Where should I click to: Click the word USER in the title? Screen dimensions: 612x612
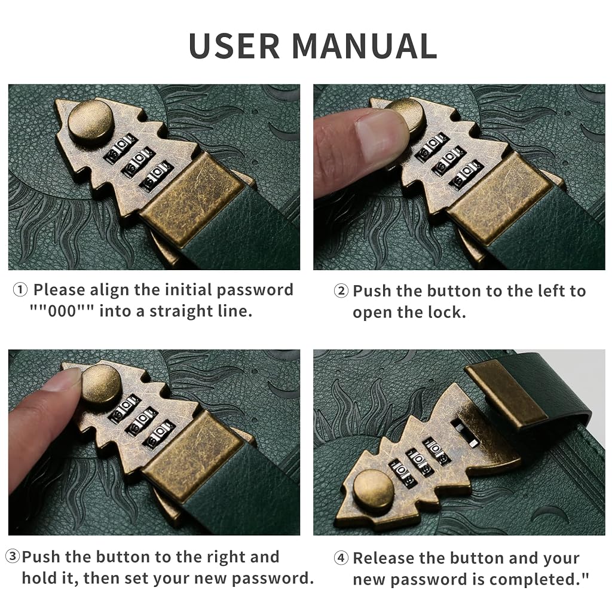234,45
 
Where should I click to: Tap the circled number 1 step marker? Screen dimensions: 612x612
20,290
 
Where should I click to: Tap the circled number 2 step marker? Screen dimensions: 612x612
341,291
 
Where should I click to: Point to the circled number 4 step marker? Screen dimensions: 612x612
341,558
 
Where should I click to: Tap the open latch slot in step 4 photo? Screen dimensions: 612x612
464,433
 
